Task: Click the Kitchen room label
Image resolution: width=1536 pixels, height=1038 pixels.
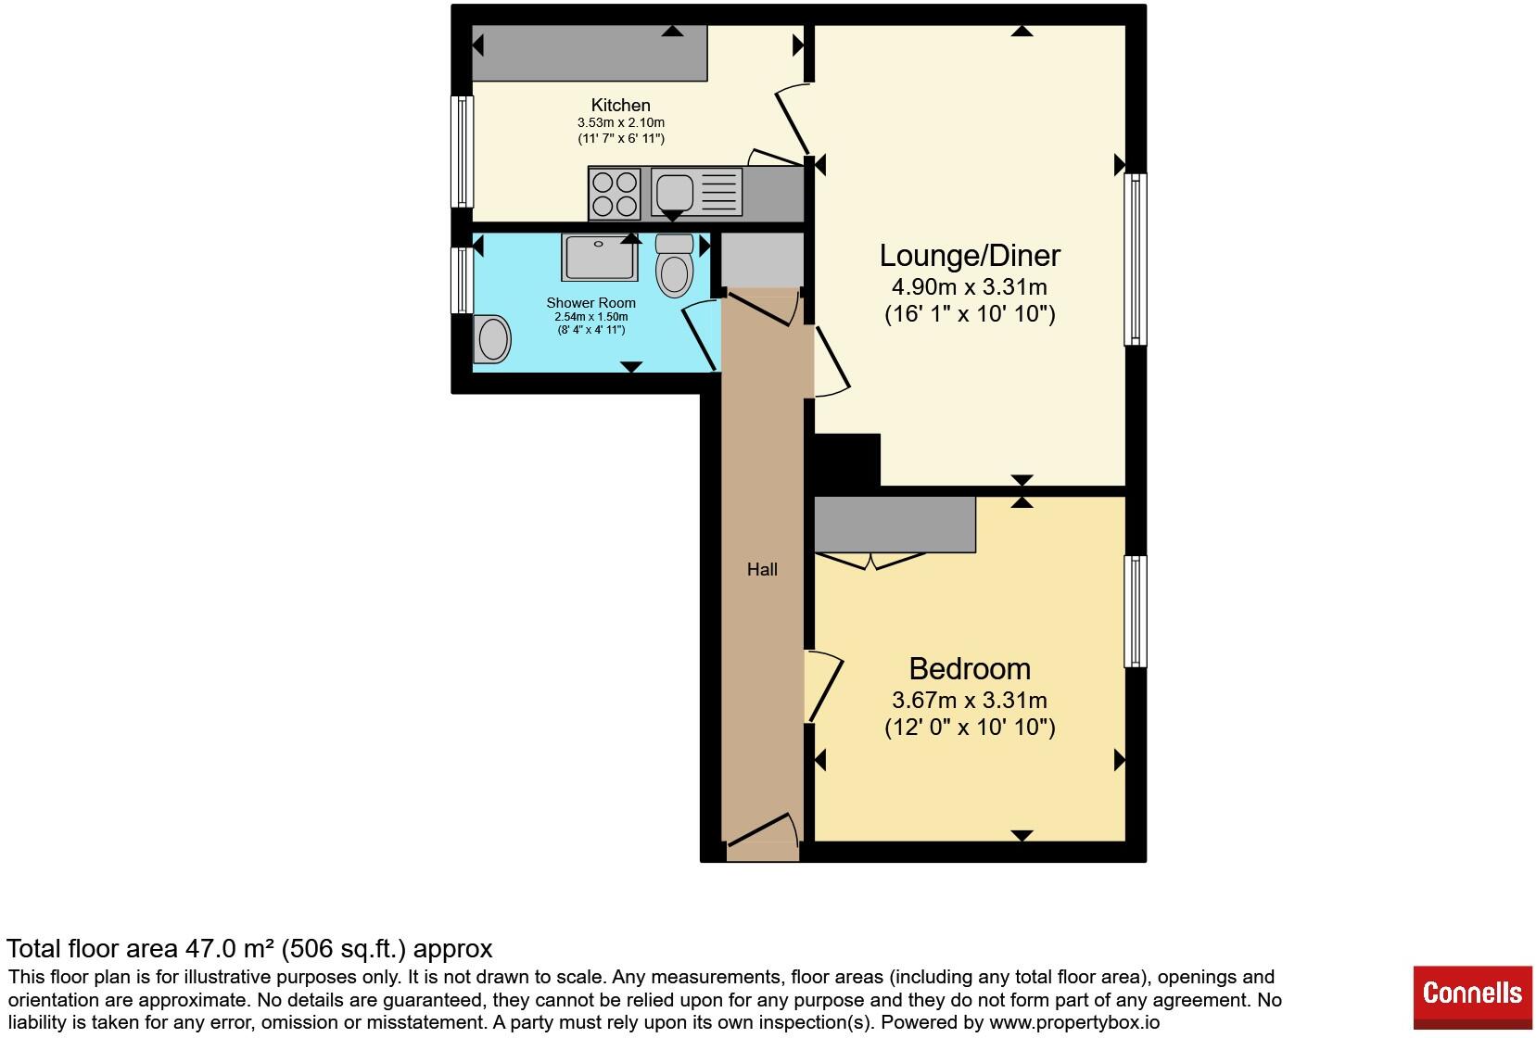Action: (620, 105)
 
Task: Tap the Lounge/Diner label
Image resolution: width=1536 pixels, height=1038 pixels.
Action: (970, 256)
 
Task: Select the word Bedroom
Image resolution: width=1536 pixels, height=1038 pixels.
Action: (970, 668)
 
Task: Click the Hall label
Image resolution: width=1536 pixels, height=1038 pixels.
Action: (762, 569)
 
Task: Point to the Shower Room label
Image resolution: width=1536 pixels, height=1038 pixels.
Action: (591, 302)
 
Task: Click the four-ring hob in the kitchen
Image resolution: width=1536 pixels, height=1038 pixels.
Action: (616, 194)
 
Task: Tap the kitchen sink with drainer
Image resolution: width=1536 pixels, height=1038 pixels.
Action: (696, 193)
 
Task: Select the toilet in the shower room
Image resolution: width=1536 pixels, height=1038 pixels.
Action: (674, 265)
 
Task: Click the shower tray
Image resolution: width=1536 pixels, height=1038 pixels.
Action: (600, 257)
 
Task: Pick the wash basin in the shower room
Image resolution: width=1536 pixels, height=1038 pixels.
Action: (492, 339)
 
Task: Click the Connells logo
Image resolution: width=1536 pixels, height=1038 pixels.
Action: (1472, 997)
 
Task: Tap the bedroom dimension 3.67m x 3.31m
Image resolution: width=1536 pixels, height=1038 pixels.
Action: (970, 700)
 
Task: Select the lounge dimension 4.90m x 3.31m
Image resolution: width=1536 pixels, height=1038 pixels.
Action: (970, 286)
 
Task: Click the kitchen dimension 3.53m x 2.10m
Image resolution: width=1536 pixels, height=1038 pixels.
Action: (620, 122)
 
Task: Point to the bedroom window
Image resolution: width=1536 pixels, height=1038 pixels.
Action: (1136, 611)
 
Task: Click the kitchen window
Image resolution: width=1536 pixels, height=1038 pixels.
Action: (463, 151)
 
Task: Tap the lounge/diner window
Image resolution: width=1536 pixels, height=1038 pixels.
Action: (1136, 259)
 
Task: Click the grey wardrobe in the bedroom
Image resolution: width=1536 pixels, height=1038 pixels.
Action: (895, 525)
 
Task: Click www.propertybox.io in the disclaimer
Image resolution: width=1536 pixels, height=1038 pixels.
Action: (1074, 1022)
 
